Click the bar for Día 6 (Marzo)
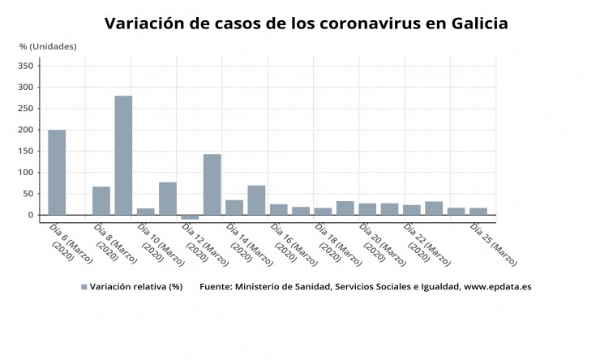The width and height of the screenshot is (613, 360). pos(57,172)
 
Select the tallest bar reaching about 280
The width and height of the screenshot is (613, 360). pos(123,155)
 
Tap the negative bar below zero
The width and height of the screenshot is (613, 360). pos(190,217)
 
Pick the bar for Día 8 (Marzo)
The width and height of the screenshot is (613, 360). pos(101,200)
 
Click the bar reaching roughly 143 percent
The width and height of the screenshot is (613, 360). pos(212,184)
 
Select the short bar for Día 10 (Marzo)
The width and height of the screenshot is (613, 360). pos(146,212)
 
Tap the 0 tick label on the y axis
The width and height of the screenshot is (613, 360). pos(32,215)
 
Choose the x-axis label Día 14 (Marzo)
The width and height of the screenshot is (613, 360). pos(251,246)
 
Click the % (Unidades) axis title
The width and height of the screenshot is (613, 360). pos(48,46)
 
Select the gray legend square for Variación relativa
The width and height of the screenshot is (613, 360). pos(84,287)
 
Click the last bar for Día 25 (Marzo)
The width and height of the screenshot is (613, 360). pos(478,212)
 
